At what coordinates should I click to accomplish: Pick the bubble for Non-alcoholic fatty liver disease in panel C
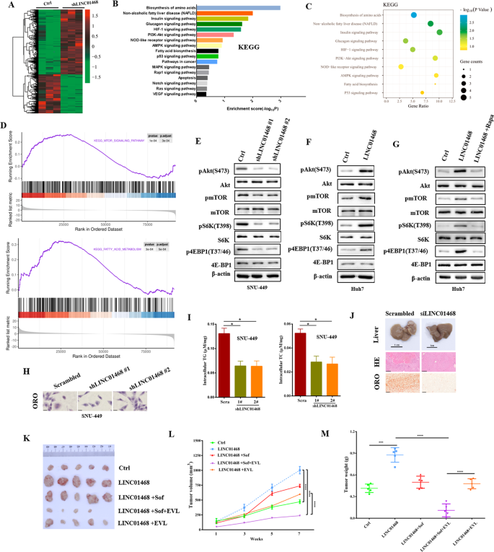point(431,30)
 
